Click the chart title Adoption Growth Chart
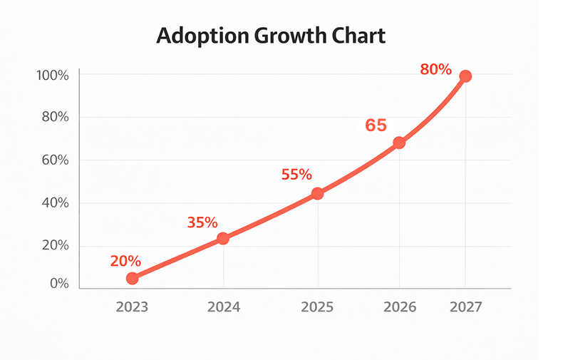tap(271, 36)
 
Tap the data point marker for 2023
tap(132, 278)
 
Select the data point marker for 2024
tap(223, 238)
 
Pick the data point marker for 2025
tap(317, 193)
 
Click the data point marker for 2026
tap(399, 143)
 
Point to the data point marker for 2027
tap(465, 76)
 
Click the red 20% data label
tap(125, 261)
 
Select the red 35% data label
tap(202, 222)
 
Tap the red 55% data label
tap(296, 175)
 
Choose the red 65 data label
tap(376, 125)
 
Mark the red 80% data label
tap(435, 69)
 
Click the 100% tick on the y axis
tap(53, 76)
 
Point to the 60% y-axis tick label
tap(54, 160)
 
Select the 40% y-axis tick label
tap(54, 203)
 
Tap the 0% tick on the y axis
tap(59, 284)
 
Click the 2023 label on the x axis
tap(132, 307)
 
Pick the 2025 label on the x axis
tap(317, 307)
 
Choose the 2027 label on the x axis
tap(466, 307)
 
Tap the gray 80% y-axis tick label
tap(54, 118)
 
